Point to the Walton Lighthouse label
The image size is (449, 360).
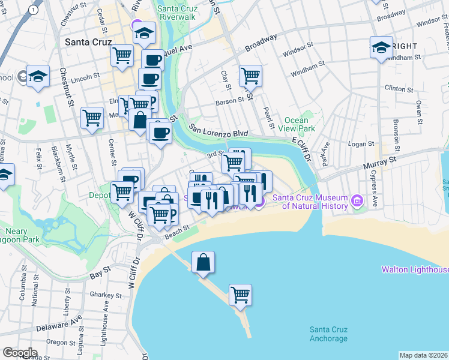(415, 269)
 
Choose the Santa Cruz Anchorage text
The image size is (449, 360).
(328, 334)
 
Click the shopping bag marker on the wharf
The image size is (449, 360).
(203, 262)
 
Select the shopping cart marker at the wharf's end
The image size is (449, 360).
(240, 295)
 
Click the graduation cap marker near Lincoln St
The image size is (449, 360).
(38, 76)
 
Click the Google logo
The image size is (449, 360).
(20, 352)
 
